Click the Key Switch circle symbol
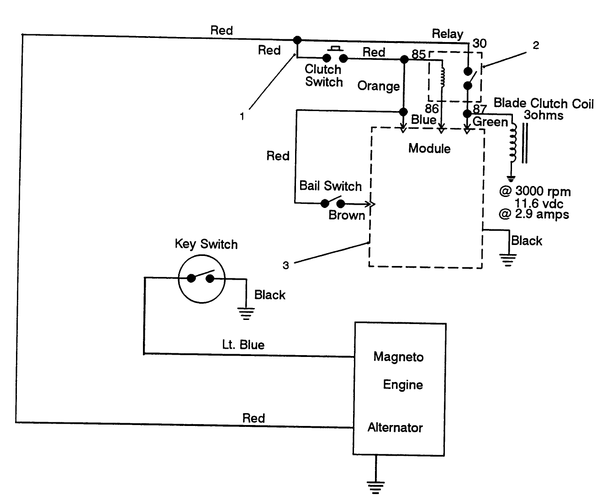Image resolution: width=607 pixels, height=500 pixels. coord(201,278)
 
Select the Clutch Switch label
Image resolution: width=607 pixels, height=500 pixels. coord(323,76)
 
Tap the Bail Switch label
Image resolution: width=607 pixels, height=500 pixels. coord(330,186)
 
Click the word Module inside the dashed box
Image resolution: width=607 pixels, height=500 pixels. coord(429,149)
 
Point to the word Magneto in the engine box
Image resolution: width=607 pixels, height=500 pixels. coord(398,357)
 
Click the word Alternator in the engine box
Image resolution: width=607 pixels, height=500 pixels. coord(395,428)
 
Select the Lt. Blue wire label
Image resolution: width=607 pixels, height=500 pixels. coord(243,345)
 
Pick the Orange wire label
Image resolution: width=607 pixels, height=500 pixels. coord(379,86)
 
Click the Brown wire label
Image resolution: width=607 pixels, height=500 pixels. coord(347,215)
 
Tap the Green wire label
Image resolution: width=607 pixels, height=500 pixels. coord(490,122)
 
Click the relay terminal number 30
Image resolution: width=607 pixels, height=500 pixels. coord(479,43)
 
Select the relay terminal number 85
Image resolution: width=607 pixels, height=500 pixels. coord(418,54)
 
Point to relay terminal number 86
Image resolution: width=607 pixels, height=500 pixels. coord(432,109)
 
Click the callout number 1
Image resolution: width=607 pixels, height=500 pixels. coord(242,117)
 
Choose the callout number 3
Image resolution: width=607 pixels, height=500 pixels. coord(285,266)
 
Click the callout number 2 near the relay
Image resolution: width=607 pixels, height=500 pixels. coord(536,45)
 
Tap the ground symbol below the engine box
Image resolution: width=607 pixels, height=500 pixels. coord(375,487)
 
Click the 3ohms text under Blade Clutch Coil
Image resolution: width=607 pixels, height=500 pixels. coord(543,115)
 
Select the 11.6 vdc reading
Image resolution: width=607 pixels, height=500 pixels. coord(539,203)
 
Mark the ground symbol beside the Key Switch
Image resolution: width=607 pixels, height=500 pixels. coord(246,313)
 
